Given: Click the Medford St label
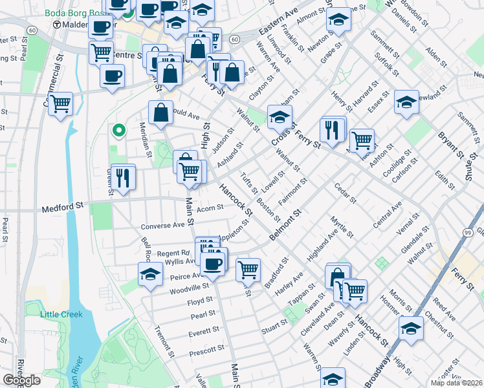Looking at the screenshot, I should coord(63,209).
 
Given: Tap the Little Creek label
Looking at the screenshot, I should coord(61,314).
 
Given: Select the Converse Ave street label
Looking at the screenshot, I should coord(163,226).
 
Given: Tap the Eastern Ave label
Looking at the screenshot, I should coord(278,22).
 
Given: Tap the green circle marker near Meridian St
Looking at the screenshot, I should coord(118,131).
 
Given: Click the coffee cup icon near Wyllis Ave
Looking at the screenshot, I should coord(213,263).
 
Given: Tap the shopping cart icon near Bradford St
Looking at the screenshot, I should coord(248,269).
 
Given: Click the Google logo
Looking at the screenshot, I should coord(21,380).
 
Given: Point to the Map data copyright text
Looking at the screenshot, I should coord(456,383).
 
